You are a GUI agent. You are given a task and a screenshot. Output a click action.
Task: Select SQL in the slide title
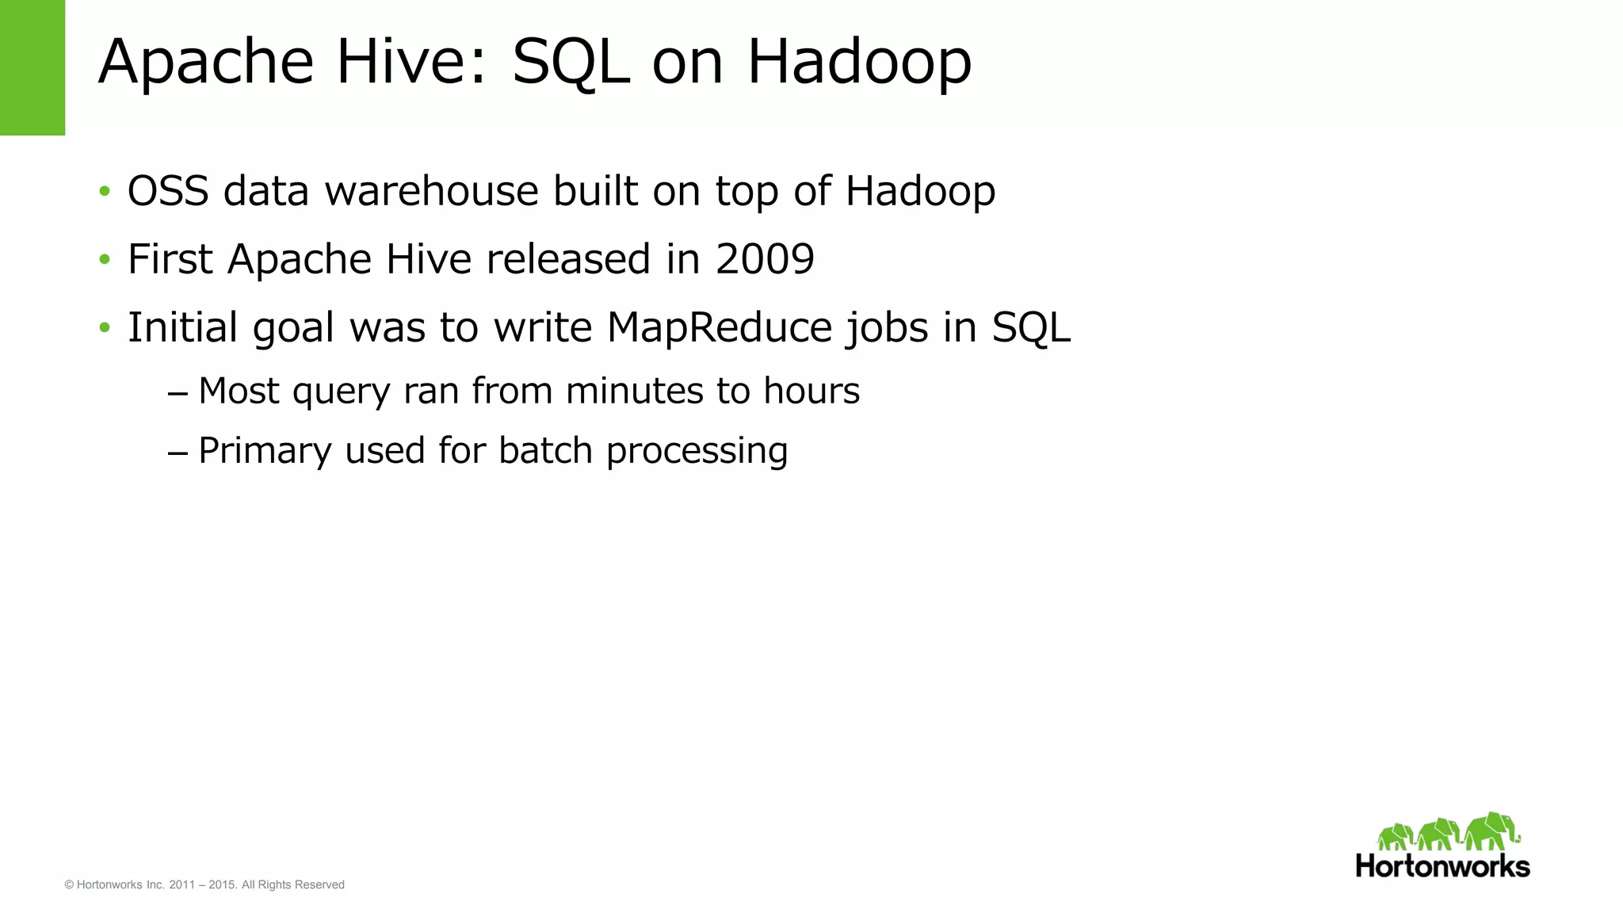point(571,62)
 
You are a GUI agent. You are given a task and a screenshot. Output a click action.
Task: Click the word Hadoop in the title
point(859,62)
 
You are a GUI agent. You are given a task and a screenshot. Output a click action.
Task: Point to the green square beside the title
point(32,67)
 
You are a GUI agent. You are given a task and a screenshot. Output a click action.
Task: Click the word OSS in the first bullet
point(168,191)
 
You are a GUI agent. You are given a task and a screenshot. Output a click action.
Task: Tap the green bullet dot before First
point(105,259)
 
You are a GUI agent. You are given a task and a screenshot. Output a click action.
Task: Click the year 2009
point(765,259)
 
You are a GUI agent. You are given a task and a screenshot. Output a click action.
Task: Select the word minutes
point(635,391)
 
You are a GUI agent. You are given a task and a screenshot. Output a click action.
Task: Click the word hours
point(811,391)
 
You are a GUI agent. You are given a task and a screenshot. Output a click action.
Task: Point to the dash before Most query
point(178,392)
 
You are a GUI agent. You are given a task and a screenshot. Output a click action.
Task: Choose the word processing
point(697,452)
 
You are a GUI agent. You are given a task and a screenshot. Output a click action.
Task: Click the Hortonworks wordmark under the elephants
point(1442,865)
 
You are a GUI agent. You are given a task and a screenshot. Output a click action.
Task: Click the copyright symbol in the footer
point(69,884)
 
